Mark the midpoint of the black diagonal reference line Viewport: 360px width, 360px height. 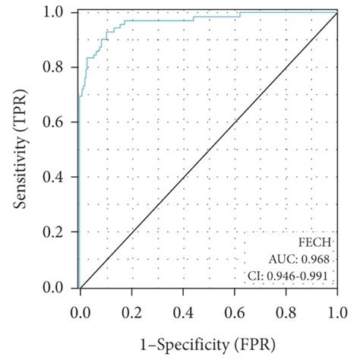point(207,150)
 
